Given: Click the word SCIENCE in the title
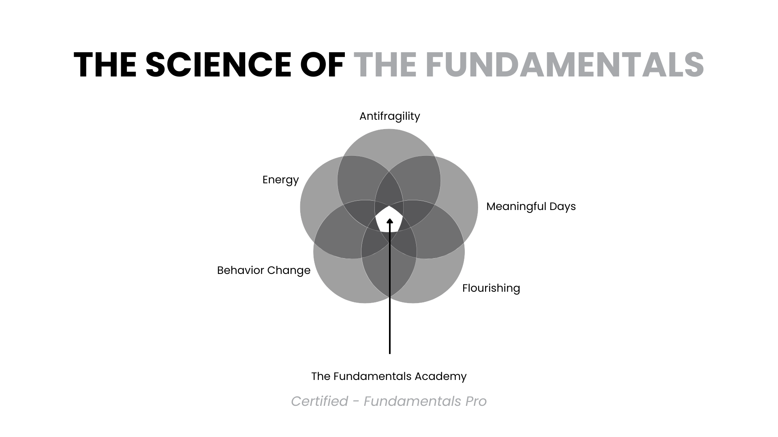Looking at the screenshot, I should click(218, 65).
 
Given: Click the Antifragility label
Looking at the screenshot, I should click(389, 116).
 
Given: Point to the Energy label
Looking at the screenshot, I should click(280, 180).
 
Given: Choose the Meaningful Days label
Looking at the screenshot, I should click(531, 206).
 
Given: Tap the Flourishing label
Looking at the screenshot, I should click(491, 288).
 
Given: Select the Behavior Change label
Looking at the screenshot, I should click(263, 270).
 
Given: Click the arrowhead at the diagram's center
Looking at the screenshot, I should click(390, 221).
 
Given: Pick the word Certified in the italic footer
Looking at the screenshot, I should click(319, 401).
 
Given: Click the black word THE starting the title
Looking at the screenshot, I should click(105, 65).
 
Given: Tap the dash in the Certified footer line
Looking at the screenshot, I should click(356, 401).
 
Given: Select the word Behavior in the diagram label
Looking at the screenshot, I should click(243, 270).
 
